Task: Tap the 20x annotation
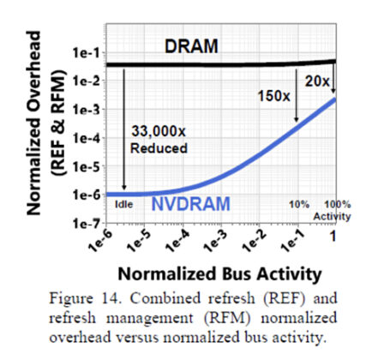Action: (317, 79)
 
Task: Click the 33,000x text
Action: (161, 130)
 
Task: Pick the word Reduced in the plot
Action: (157, 147)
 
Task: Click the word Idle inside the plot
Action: (123, 207)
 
